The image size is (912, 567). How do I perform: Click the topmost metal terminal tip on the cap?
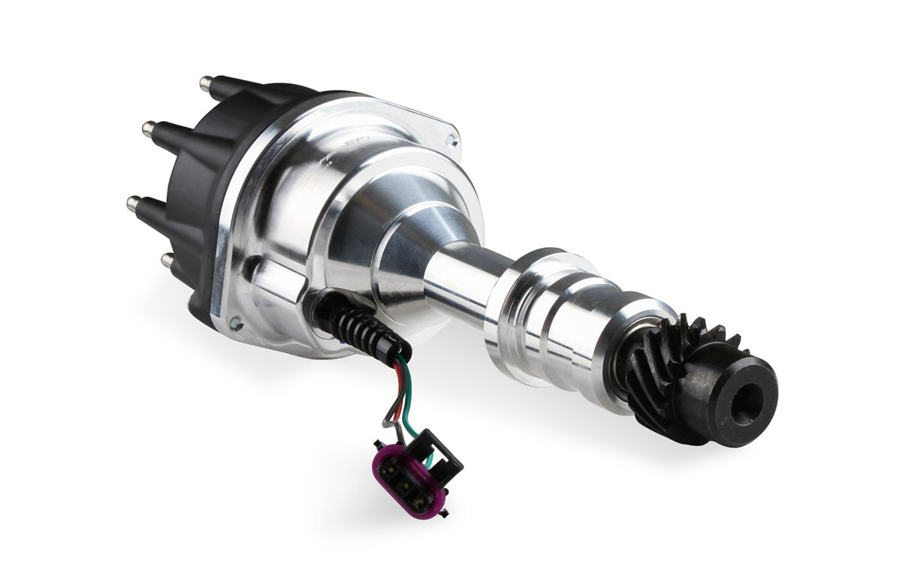[x=204, y=80]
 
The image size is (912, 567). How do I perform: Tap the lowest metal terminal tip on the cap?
[x=166, y=260]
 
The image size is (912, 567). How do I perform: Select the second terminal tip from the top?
[x=147, y=128]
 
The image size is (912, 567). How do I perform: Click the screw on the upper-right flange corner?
[x=450, y=139]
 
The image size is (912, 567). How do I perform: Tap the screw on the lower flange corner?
[x=235, y=323]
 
